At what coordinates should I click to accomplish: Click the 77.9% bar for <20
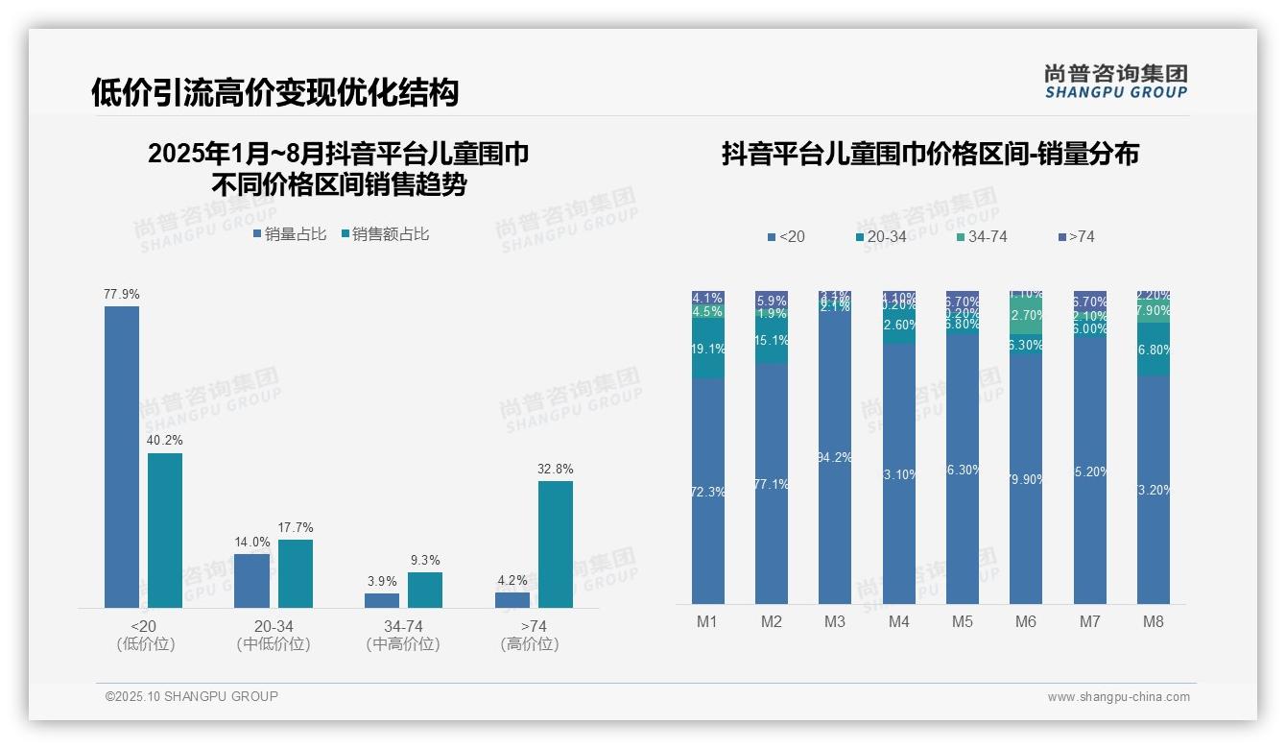122,456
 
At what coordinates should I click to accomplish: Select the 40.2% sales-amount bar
165,530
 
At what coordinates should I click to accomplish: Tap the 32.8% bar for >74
556,544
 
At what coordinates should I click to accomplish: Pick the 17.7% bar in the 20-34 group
296,573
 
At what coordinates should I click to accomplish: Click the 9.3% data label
424,560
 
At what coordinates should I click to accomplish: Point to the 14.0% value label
251,542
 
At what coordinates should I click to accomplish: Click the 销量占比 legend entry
290,234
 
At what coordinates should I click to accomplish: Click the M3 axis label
835,621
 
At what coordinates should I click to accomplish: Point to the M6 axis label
1026,621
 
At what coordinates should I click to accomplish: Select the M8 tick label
1154,621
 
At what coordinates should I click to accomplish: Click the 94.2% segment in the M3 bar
835,456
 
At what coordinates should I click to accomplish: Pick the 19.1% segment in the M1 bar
708,350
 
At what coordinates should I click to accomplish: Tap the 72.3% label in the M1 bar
708,492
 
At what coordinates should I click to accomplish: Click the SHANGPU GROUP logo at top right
1116,81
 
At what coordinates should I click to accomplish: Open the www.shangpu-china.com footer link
1118,697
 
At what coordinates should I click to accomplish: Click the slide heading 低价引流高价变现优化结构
274,92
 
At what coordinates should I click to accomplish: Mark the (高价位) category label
530,644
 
